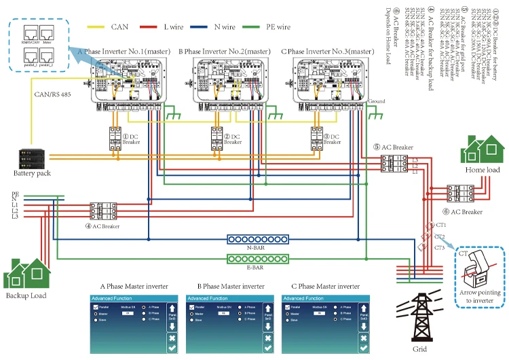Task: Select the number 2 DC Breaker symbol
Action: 216,139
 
